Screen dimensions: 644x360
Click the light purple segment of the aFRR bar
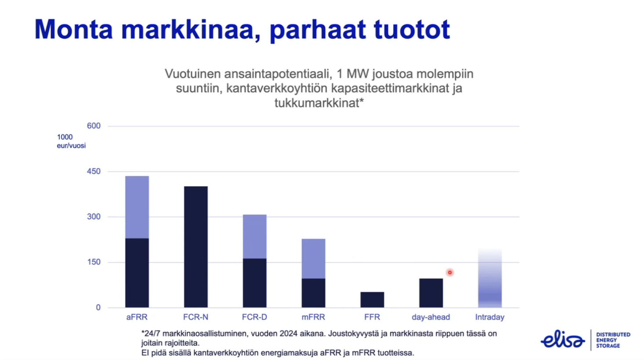(137, 207)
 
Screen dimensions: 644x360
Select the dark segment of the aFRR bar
(137, 273)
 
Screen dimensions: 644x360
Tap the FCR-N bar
(196, 247)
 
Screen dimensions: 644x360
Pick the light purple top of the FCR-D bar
(254, 237)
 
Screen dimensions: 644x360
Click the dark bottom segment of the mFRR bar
(313, 293)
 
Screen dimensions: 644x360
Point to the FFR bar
(372, 300)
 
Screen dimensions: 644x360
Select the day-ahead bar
(431, 293)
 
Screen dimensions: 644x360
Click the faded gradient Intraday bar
(490, 278)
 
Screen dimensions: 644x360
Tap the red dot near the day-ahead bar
(450, 272)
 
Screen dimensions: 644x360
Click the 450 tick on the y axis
(94, 172)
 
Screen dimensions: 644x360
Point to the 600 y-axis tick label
(94, 126)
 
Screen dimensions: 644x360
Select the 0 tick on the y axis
(98, 307)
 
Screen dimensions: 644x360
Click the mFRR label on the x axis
(313, 317)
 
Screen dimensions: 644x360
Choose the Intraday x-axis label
(490, 317)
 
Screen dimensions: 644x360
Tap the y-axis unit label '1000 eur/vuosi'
(71, 141)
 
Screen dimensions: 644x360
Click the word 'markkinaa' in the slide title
(191, 29)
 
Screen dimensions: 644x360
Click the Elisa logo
(562, 339)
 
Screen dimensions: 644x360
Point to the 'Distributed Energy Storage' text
(613, 340)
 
